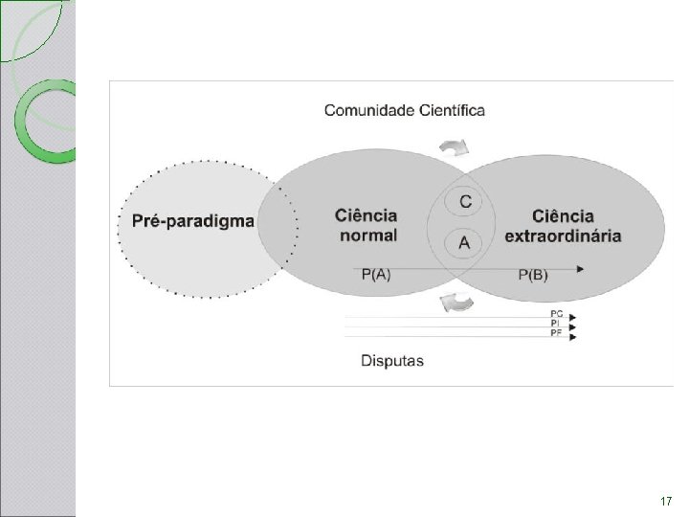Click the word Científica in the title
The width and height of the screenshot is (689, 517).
pyautogui.click(x=452, y=110)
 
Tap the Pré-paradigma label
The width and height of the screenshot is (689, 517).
pyautogui.click(x=193, y=221)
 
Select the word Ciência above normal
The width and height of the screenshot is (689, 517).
pyautogui.click(x=366, y=215)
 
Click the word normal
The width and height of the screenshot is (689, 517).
pyautogui.click(x=368, y=236)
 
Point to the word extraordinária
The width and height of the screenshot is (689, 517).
pyautogui.click(x=563, y=236)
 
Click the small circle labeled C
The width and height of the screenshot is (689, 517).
pyautogui.click(x=463, y=202)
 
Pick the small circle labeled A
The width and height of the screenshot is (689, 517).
pyautogui.click(x=463, y=243)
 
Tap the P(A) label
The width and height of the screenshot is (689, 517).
pyautogui.click(x=376, y=275)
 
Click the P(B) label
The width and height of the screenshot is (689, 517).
pyautogui.click(x=533, y=275)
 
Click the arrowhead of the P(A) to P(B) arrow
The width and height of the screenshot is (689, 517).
pyautogui.click(x=581, y=269)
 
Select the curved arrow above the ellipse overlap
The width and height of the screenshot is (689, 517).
pyautogui.click(x=455, y=147)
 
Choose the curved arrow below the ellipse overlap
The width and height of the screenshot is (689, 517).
pyautogui.click(x=457, y=303)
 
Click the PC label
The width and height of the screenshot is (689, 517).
pyautogui.click(x=557, y=314)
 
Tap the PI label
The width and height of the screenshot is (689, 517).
pyautogui.click(x=555, y=324)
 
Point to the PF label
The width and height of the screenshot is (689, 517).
pyautogui.click(x=556, y=333)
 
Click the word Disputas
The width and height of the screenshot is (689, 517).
pyautogui.click(x=392, y=361)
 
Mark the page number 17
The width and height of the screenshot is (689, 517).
pyautogui.click(x=666, y=501)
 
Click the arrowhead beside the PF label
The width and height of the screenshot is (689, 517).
pyautogui.click(x=572, y=337)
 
